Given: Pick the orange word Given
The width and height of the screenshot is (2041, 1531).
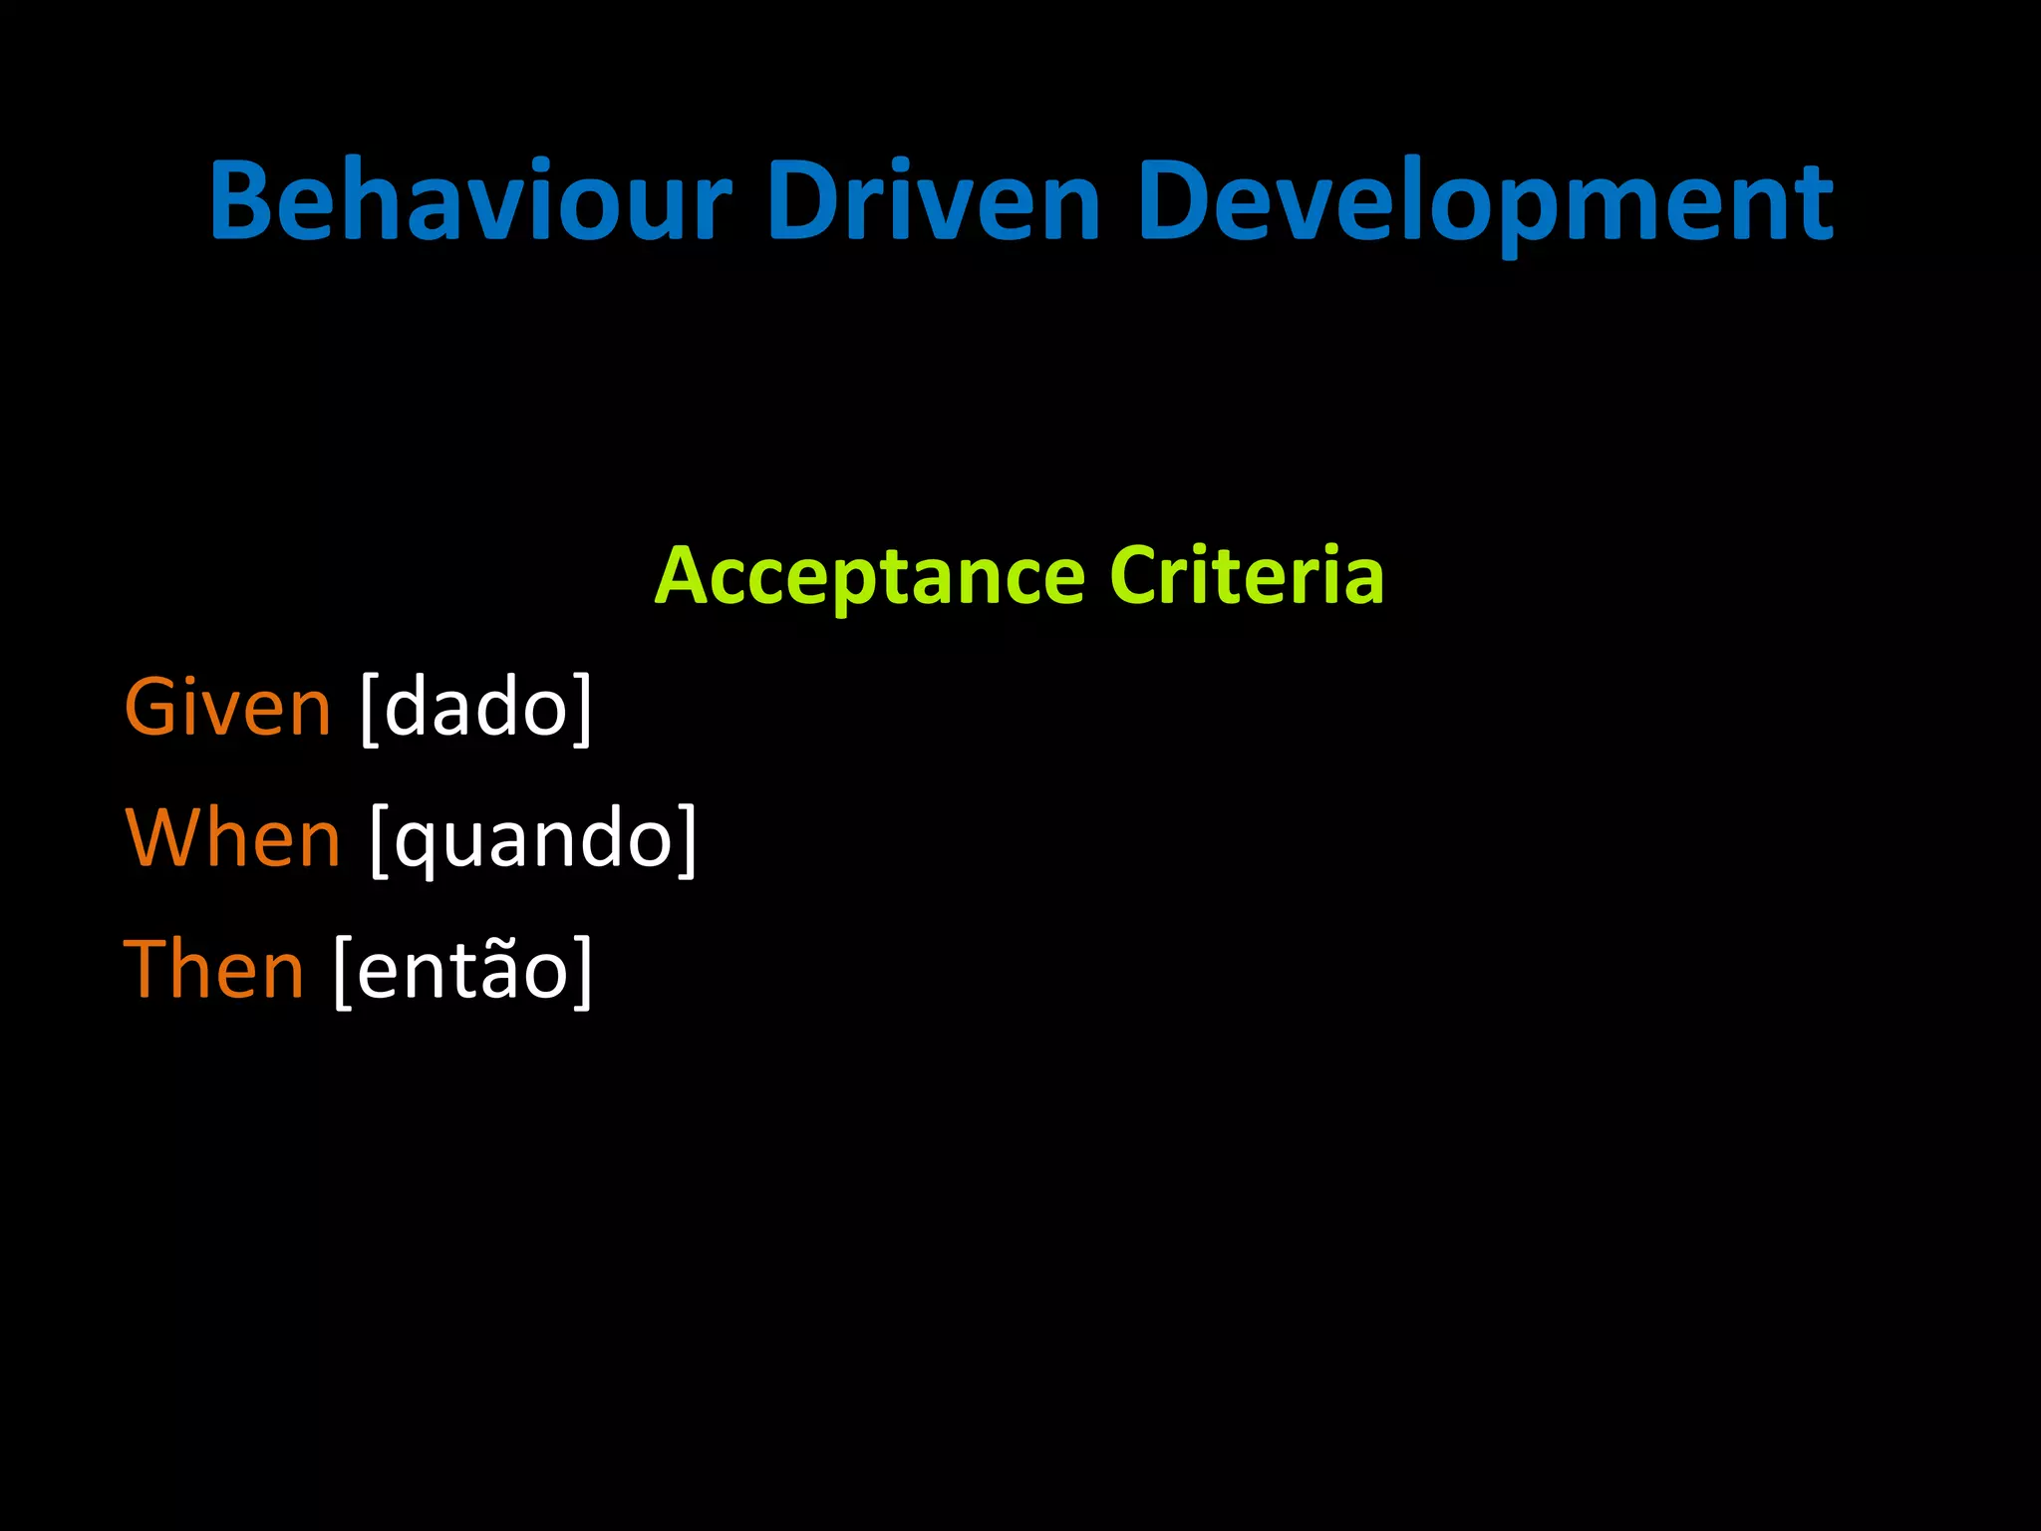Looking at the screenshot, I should click(227, 708).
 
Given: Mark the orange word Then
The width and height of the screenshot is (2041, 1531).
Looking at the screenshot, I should click(213, 969).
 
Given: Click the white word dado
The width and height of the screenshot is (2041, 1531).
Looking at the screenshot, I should click(475, 708).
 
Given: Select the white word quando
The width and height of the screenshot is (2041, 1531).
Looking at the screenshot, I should click(534, 840).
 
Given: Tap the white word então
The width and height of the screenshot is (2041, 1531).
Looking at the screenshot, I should click(462, 971).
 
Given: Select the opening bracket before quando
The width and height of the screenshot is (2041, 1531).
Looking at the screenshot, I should click(379, 840).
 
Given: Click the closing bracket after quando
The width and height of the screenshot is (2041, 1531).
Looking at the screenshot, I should click(688, 840).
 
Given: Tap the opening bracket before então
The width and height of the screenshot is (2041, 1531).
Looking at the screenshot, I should click(342, 971).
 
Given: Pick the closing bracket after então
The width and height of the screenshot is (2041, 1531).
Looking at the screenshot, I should click(583, 971).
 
